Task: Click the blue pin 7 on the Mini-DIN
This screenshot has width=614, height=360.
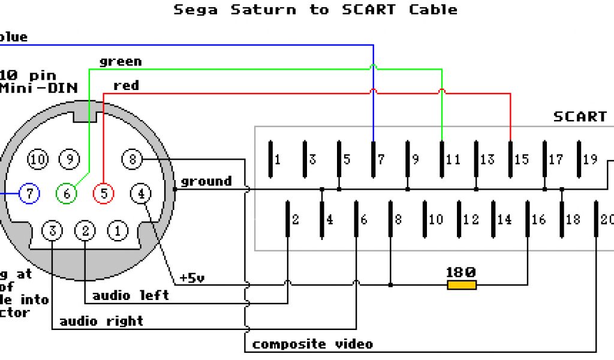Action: pos(29,194)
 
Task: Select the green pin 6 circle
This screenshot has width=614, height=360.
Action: pos(67,194)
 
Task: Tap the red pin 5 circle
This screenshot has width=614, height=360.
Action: pos(104,194)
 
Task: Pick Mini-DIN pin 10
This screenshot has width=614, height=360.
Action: pos(38,159)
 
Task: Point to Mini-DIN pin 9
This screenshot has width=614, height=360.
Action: pos(70,159)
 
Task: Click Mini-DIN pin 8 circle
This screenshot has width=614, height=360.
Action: pos(133,159)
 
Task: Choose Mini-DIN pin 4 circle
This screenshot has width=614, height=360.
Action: pos(141,194)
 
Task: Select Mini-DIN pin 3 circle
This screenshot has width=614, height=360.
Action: pos(53,230)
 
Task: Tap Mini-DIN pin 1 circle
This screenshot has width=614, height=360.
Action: pos(118,230)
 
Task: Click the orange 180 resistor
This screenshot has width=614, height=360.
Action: pos(462,284)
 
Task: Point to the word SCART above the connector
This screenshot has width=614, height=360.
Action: pos(580,116)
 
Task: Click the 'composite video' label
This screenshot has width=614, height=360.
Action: pos(312,344)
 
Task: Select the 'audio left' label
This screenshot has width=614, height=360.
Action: pos(131,295)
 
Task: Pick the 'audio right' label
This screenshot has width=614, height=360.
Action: pos(101,321)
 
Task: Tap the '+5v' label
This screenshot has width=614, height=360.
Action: pos(192,278)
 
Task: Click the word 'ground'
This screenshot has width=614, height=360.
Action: pos(206,181)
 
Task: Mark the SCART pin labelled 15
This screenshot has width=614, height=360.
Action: pos(511,159)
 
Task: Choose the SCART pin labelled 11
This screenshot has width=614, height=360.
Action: pos(442,159)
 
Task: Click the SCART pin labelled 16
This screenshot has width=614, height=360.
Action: pos(528,219)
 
